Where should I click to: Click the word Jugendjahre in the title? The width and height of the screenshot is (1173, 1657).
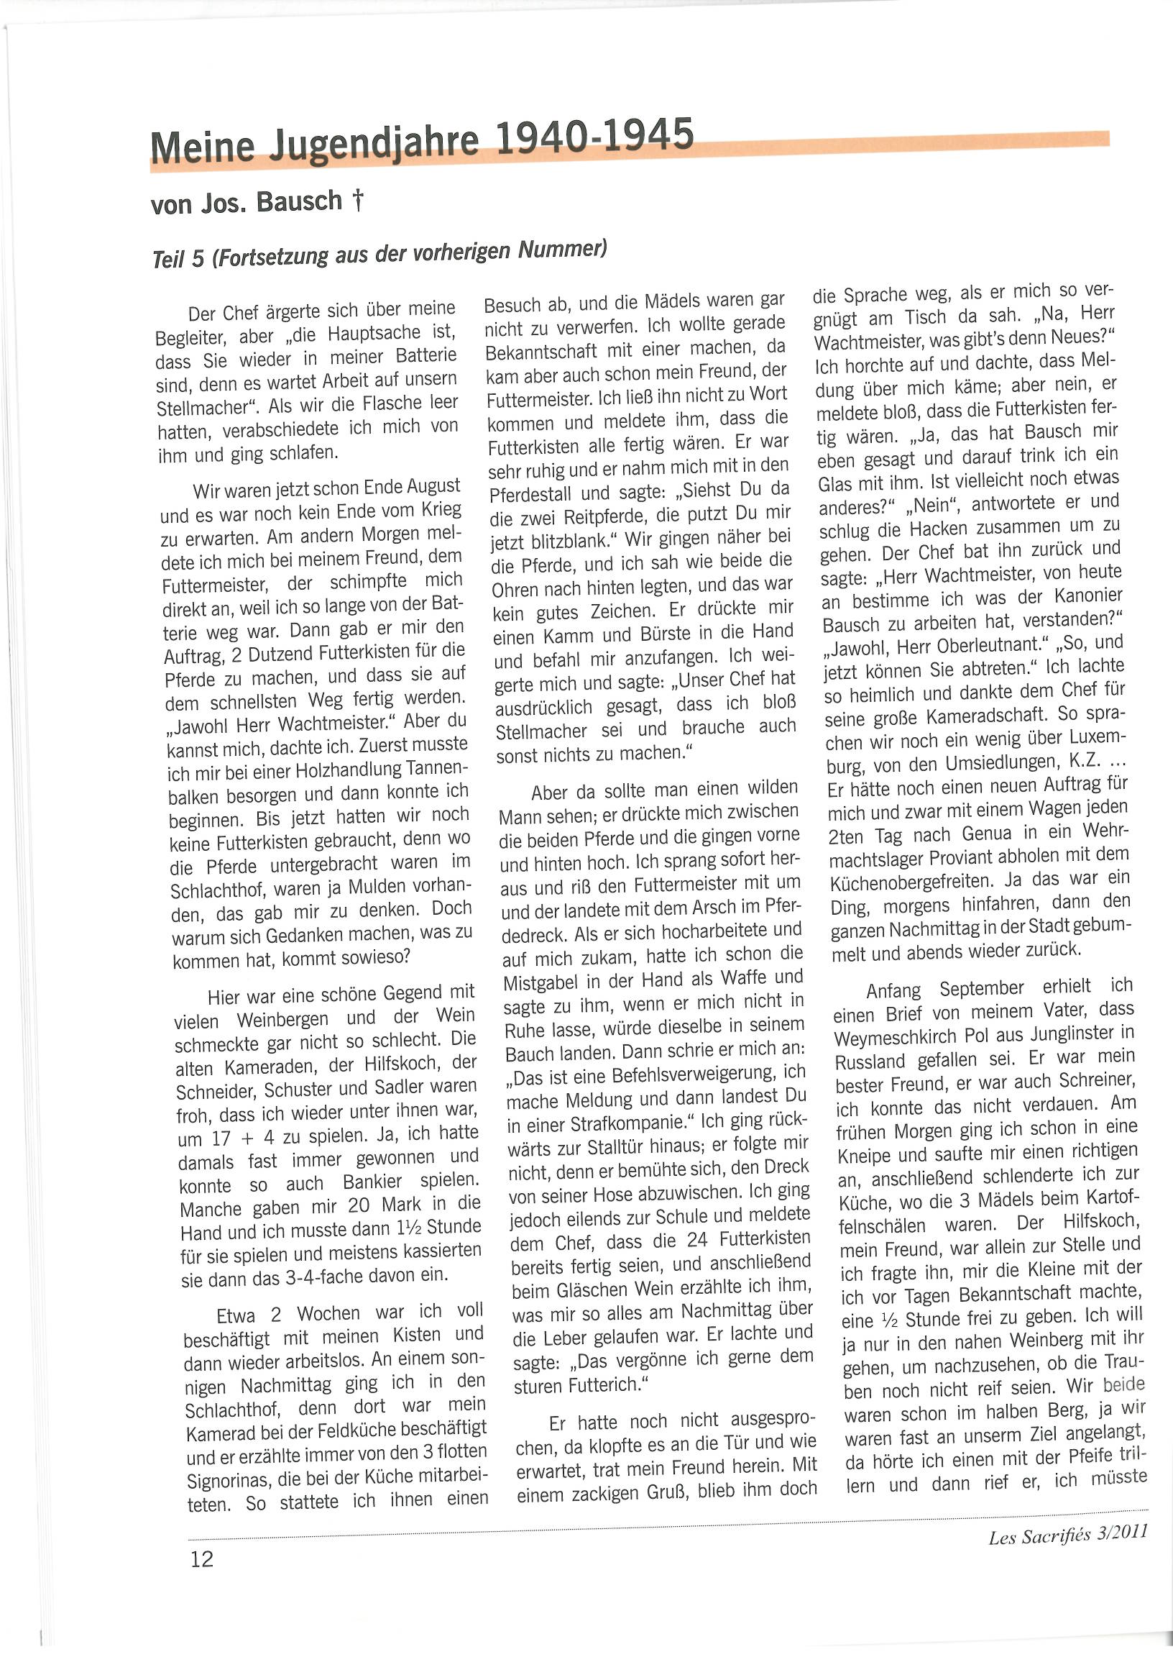(374, 143)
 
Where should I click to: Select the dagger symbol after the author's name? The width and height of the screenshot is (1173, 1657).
(357, 200)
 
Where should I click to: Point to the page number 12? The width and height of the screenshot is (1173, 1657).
(202, 1558)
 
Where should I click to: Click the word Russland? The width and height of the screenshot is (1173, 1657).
(870, 1062)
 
